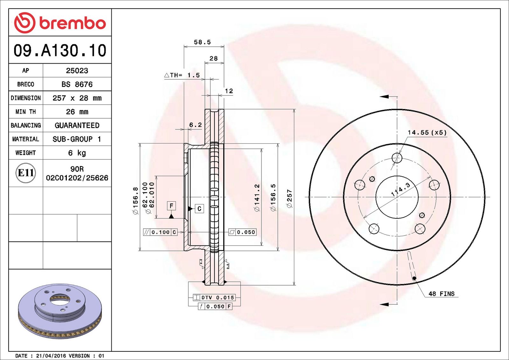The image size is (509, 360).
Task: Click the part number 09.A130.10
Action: (x=60, y=50)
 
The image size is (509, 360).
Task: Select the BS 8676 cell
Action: (x=77, y=84)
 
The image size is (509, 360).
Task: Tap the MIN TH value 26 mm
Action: (x=77, y=112)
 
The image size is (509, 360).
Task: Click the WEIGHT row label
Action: (x=26, y=153)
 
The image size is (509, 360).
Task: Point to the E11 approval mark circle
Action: (x=26, y=173)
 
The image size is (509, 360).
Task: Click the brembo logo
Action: (x=60, y=23)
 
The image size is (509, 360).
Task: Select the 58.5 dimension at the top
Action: (x=202, y=42)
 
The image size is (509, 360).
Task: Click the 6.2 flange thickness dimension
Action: (x=195, y=125)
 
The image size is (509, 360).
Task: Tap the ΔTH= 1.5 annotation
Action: (x=182, y=75)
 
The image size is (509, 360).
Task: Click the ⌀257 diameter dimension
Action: (x=289, y=198)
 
